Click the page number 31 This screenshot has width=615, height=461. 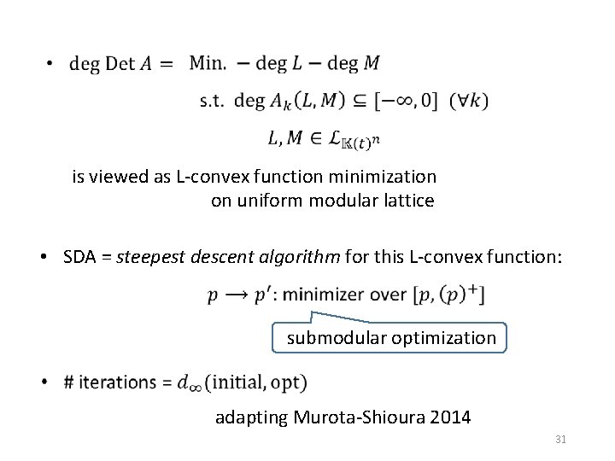[x=561, y=439]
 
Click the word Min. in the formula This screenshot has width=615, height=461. [x=208, y=62]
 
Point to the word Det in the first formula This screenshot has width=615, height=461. [x=120, y=63]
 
